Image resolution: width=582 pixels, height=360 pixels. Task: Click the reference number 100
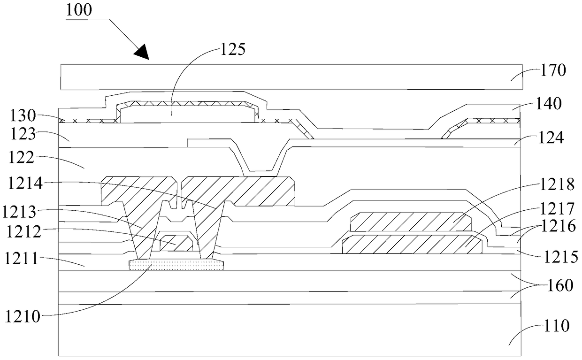[79, 10]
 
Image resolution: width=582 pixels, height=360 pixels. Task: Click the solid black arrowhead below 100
[142, 52]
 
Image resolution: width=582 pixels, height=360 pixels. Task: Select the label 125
[233, 49]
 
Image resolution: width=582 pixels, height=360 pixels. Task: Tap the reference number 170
[553, 70]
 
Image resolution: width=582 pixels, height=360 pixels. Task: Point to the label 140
[549, 103]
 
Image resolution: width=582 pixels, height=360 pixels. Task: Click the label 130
[23, 116]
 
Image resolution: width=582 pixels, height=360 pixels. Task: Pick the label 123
[23, 134]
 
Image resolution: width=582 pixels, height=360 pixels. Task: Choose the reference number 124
[551, 138]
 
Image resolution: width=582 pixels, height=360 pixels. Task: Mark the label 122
[21, 157]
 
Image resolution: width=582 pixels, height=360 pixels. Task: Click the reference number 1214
[25, 183]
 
